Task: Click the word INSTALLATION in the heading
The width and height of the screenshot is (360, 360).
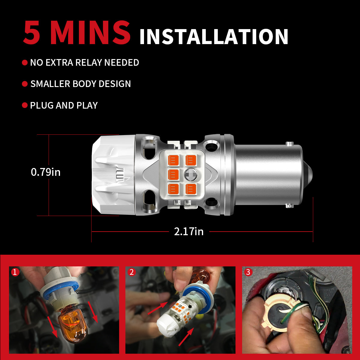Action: point(214,37)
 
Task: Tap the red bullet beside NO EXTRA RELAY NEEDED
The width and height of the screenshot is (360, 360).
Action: point(25,63)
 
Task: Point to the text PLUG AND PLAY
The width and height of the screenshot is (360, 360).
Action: point(64,106)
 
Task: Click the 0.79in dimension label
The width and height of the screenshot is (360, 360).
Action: point(46,172)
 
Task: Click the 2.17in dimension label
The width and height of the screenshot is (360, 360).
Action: point(189,232)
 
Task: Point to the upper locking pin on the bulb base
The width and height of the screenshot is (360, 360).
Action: point(289,144)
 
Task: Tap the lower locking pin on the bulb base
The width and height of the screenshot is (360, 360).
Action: point(289,206)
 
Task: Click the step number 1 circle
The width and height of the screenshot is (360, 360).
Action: point(15,272)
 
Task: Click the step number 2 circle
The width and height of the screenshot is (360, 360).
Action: point(131,272)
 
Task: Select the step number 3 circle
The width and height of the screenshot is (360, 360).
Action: point(248,272)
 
